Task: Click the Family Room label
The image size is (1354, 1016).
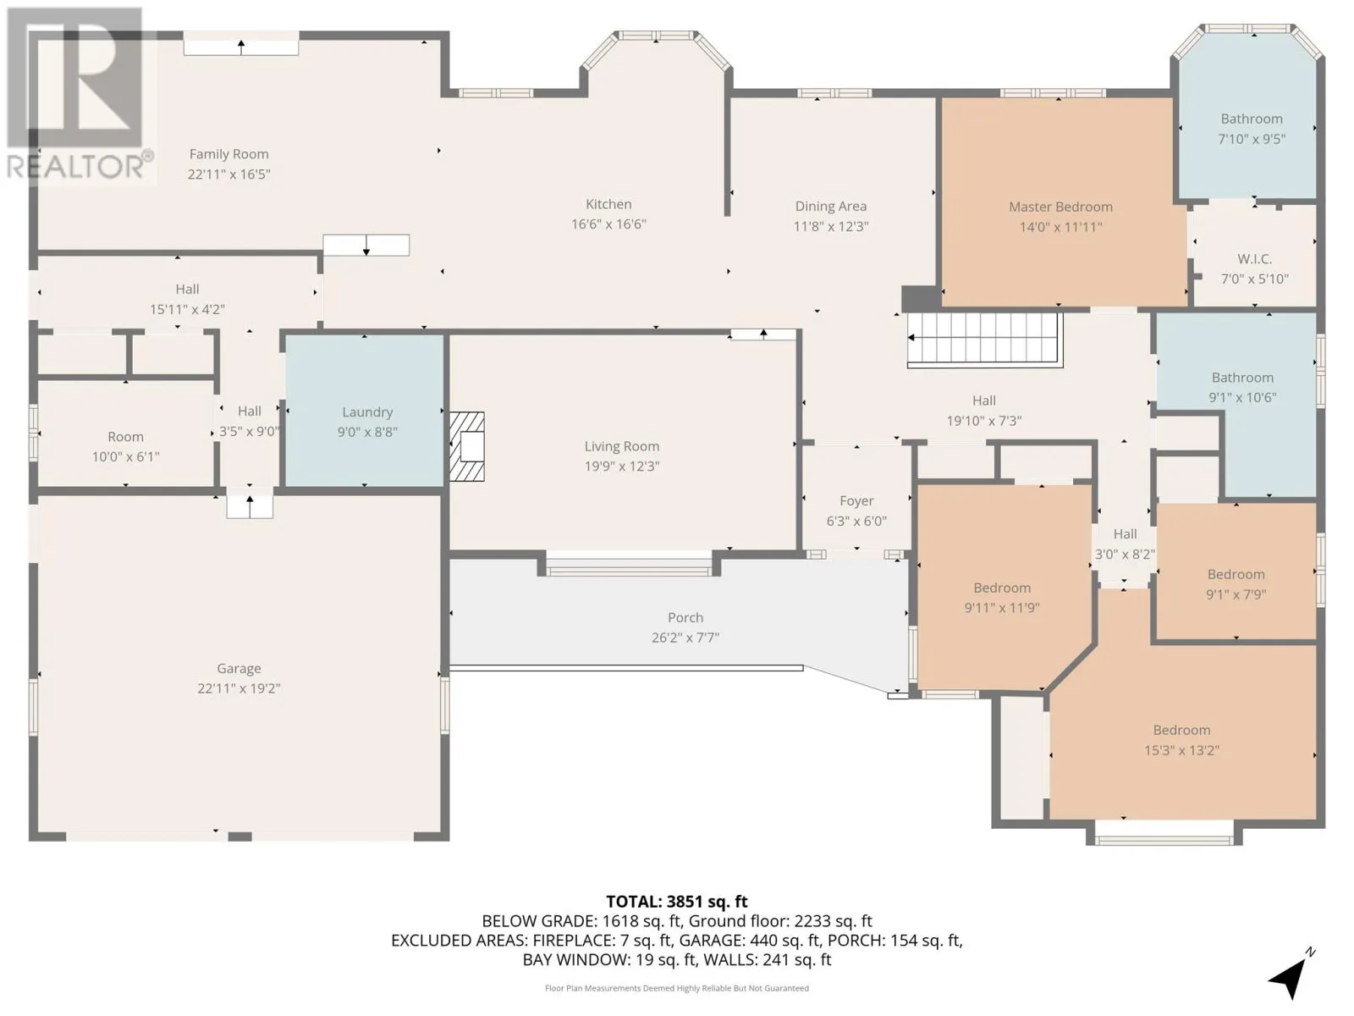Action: pyautogui.click(x=228, y=154)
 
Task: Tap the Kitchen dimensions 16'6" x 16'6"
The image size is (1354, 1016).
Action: pyautogui.click(x=608, y=224)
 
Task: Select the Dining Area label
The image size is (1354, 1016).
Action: pyautogui.click(x=830, y=206)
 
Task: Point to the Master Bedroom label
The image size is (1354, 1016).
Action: pyautogui.click(x=1060, y=207)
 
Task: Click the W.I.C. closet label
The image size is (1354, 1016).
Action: pyautogui.click(x=1254, y=259)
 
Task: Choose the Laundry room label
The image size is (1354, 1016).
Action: pyautogui.click(x=367, y=412)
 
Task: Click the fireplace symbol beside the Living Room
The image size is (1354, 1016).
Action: pyautogui.click(x=466, y=446)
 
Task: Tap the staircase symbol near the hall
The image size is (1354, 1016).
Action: pyautogui.click(x=984, y=340)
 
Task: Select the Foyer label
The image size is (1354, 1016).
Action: pyautogui.click(x=856, y=501)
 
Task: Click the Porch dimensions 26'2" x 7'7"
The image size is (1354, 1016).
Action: pyautogui.click(x=685, y=638)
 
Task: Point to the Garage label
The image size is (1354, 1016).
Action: pyautogui.click(x=239, y=668)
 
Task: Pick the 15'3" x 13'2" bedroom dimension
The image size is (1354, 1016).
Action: pyautogui.click(x=1181, y=750)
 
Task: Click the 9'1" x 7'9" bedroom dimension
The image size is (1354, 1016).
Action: pyautogui.click(x=1236, y=594)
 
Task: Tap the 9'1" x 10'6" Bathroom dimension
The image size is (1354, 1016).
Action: pyautogui.click(x=1241, y=397)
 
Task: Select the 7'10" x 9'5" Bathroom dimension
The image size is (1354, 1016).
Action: pyautogui.click(x=1251, y=139)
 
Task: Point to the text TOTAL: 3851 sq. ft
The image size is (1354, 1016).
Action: pyautogui.click(x=677, y=901)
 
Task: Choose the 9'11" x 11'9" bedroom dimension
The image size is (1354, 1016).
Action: pyautogui.click(x=1002, y=608)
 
